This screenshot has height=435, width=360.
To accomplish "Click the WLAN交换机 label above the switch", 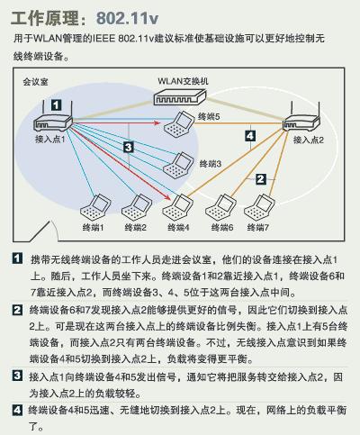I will coord(184,82).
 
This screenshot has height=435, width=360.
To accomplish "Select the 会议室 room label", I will coord(35,82).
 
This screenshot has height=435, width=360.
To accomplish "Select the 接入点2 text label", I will coord(307,141).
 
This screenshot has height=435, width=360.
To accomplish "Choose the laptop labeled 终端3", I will coord(182,163).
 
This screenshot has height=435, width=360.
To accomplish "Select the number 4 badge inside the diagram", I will coord(249,137).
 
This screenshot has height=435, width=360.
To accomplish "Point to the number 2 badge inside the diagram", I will coord(260,179).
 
